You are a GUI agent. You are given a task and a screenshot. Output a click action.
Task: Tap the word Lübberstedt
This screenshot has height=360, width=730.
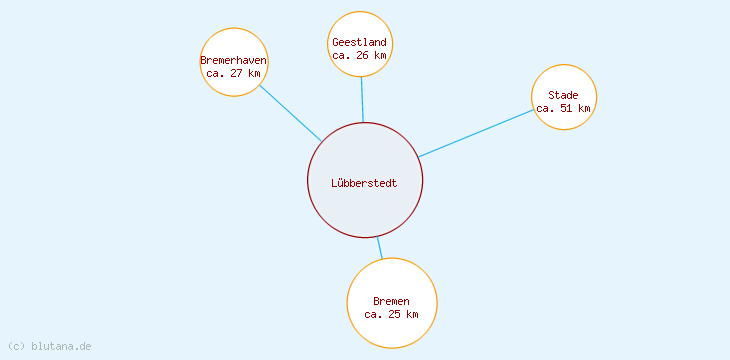(364, 183)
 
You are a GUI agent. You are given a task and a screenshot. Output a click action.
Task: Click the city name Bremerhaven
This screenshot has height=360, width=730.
(233, 60)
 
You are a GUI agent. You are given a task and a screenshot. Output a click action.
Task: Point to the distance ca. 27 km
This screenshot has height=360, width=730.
(233, 73)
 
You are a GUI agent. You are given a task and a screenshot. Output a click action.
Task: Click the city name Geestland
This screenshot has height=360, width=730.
(360, 42)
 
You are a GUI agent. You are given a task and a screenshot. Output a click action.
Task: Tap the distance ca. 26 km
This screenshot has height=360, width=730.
(360, 55)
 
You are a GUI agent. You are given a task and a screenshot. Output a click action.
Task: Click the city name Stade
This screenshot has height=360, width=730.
(563, 95)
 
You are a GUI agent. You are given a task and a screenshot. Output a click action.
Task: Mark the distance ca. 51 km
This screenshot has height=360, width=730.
(563, 108)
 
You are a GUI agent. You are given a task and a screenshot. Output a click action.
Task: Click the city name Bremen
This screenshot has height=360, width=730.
(391, 301)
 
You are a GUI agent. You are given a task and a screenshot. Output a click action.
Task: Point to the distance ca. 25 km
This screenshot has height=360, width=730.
(391, 314)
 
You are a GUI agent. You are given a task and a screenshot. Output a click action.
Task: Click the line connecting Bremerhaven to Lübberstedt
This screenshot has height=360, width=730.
(290, 112)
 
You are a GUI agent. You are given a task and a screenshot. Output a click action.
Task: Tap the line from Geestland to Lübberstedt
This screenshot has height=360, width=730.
(362, 99)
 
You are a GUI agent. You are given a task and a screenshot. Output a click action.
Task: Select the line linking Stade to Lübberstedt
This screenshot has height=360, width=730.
(476, 133)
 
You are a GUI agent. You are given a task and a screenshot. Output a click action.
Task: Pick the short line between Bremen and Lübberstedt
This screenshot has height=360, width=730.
(379, 247)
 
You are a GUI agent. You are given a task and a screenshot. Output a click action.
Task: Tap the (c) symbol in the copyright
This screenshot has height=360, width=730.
(15, 346)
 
